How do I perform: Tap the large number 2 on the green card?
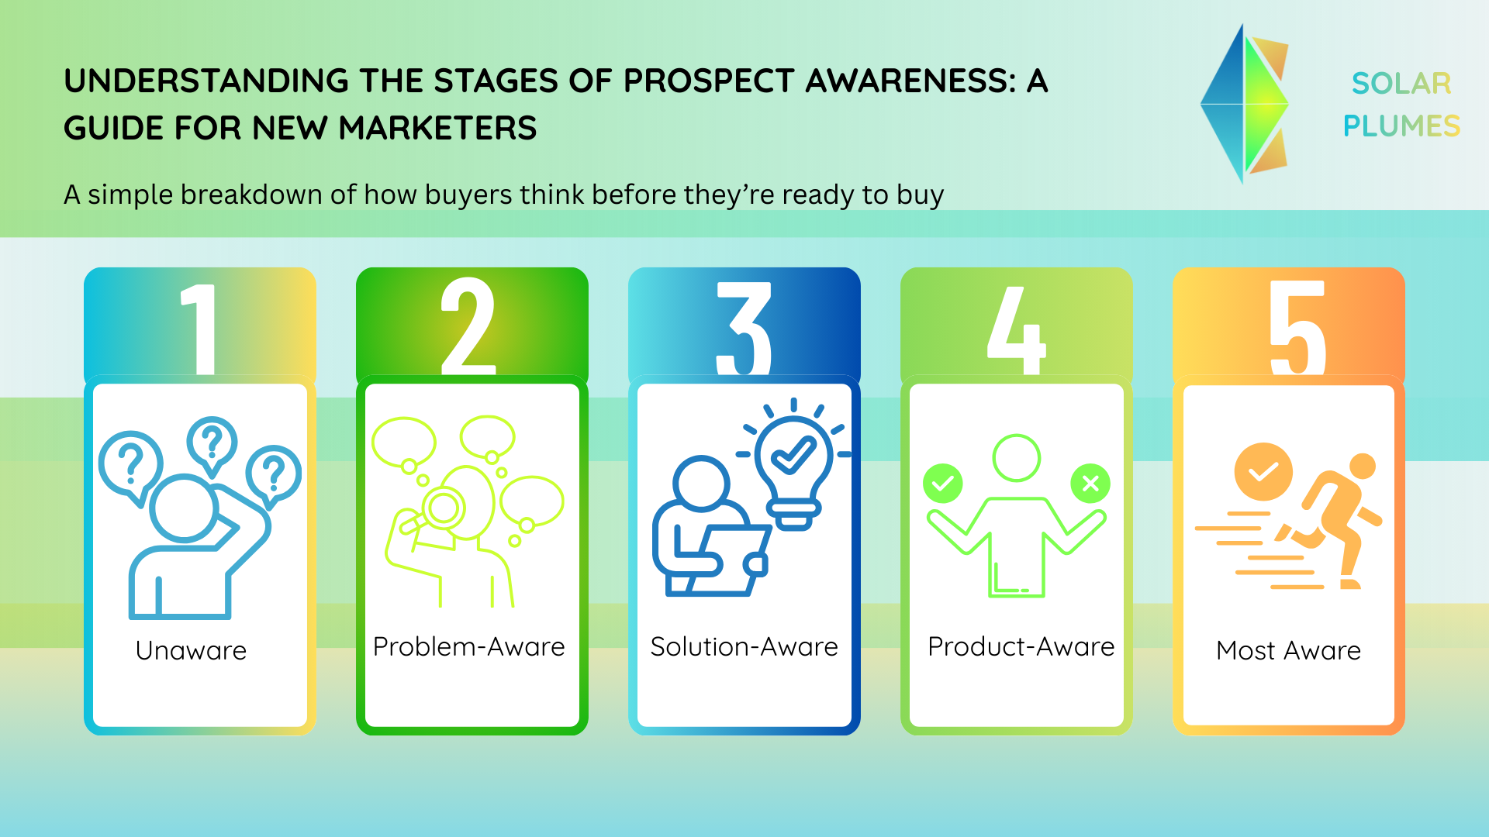coord(468,326)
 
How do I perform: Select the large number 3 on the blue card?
coord(744,329)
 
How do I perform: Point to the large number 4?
coord(1016,329)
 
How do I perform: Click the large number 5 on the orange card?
coord(1297,329)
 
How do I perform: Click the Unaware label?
coord(191,650)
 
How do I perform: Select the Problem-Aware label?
coord(469,646)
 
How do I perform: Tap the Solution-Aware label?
coord(744,646)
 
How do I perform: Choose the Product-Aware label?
coord(1021,646)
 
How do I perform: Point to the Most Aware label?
coord(1289,650)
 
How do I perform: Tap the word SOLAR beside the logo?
coord(1401,84)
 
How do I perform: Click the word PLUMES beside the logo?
coord(1401,126)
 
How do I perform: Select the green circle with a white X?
coord(1090,484)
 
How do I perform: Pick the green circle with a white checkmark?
coord(943,484)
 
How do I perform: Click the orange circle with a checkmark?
coord(1263,472)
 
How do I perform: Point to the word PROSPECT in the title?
coord(709,81)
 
